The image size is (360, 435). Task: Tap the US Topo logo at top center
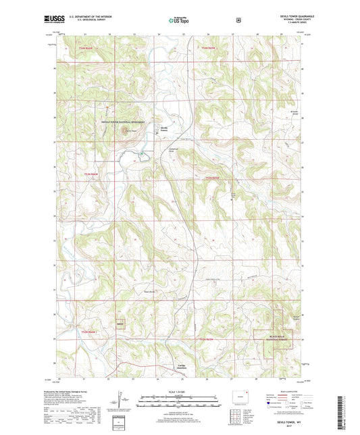pos(179,20)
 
